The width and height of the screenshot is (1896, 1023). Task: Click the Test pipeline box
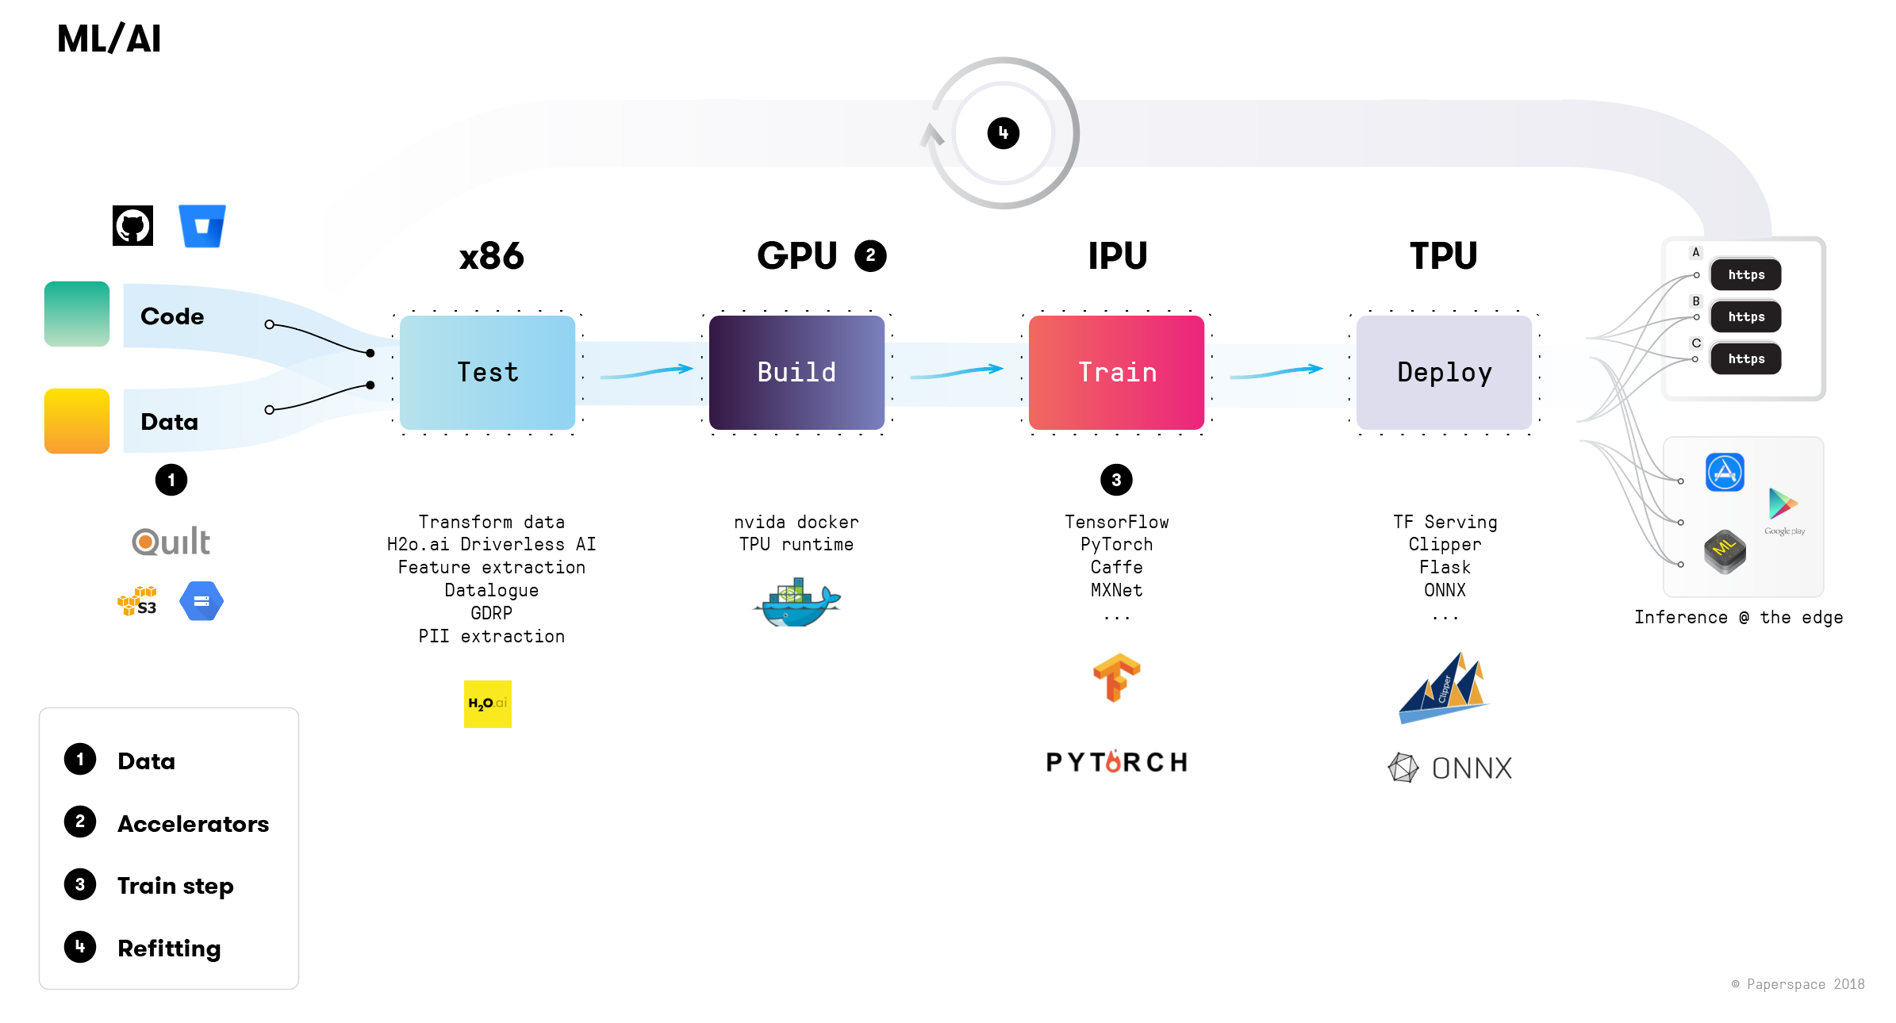pyautogui.click(x=487, y=373)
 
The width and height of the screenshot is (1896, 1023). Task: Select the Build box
pyautogui.click(x=796, y=373)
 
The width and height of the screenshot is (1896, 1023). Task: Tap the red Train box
pyautogui.click(x=1116, y=373)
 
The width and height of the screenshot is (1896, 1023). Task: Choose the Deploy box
pyautogui.click(x=1444, y=373)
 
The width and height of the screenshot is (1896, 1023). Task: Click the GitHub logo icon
pyautogui.click(x=132, y=226)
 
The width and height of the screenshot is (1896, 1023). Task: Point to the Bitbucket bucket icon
pyautogui.click(x=202, y=226)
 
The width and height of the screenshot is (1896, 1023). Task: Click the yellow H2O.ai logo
pyautogui.click(x=487, y=703)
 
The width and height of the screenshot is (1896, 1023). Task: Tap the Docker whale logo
pyautogui.click(x=796, y=603)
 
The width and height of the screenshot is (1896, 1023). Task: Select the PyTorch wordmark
pyautogui.click(x=1116, y=762)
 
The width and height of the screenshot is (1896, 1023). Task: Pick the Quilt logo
pyautogui.click(x=171, y=542)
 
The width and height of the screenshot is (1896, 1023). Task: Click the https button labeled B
pyautogui.click(x=1745, y=316)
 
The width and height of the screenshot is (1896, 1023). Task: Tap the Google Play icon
pyautogui.click(x=1783, y=504)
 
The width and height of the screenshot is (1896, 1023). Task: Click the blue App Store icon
pyautogui.click(x=1725, y=473)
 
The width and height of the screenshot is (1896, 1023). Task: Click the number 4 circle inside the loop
pyautogui.click(x=1003, y=133)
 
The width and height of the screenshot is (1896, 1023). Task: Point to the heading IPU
pyautogui.click(x=1117, y=256)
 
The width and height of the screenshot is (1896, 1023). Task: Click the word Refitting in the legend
pyautogui.click(x=169, y=948)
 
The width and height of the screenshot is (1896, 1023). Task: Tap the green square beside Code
pyautogui.click(x=77, y=314)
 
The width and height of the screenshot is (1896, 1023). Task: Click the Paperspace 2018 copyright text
pyautogui.click(x=1798, y=984)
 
